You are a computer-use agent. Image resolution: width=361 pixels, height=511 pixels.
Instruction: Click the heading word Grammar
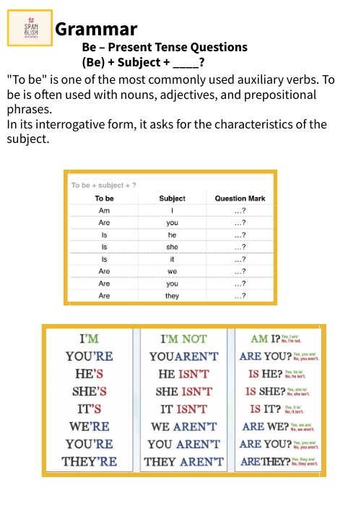pos(96,30)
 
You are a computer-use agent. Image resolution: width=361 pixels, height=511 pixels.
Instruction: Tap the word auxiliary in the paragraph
pos(230,80)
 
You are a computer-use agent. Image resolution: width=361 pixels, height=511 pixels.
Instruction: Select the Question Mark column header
pos(240,198)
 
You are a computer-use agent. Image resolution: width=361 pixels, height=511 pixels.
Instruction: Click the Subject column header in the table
pos(172,198)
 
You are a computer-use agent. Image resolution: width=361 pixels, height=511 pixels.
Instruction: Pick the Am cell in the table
pos(105,211)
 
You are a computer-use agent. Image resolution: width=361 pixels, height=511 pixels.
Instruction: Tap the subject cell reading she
pos(172,247)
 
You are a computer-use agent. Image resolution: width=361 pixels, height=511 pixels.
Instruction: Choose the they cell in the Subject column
pos(172,296)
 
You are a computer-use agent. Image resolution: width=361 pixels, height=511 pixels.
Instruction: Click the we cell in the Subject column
pos(172,271)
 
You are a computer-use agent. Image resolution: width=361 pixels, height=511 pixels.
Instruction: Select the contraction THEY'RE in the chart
pos(90,461)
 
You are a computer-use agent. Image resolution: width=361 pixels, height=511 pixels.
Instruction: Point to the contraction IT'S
pos(90,409)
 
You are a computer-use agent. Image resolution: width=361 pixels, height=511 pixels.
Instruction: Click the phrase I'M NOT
pos(183,339)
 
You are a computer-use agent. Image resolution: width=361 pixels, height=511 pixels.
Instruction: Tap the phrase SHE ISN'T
pos(183,391)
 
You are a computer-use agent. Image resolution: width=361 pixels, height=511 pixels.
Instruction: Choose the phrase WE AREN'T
pos(183,427)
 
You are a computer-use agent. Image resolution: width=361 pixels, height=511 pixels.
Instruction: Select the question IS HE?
pos(264,374)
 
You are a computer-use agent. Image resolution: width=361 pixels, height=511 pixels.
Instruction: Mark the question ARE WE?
pos(264,426)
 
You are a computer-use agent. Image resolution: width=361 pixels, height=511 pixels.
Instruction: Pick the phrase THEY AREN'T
pos(183,461)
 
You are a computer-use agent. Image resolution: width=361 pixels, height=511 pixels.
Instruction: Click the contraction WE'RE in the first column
pos(90,427)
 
